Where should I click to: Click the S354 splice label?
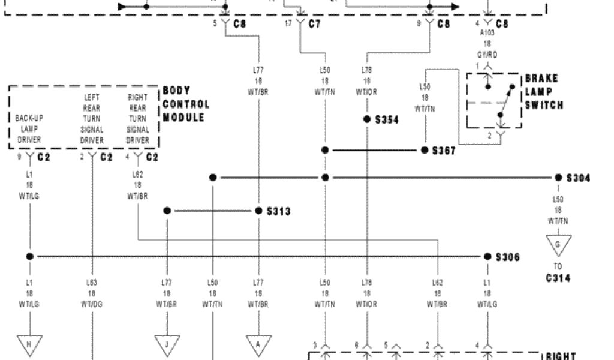pyautogui.click(x=387, y=120)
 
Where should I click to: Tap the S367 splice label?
pyautogui.click(x=444, y=150)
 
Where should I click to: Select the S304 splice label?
pyautogui.click(x=578, y=178)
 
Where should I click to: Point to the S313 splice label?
pyautogui.click(x=278, y=211)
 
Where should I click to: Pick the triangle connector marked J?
pyautogui.click(x=167, y=344)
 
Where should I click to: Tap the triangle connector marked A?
pyautogui.click(x=259, y=344)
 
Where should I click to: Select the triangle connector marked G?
pyautogui.click(x=558, y=245)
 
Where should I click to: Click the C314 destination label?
pyautogui.click(x=558, y=278)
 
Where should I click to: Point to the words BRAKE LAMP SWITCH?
pyautogui.click(x=544, y=92)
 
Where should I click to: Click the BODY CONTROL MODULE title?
pyautogui.click(x=186, y=104)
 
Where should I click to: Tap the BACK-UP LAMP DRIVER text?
pyautogui.click(x=29, y=129)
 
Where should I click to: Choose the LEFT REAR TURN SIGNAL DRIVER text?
pyautogui.click(x=92, y=119)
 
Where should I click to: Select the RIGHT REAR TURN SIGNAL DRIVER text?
pyautogui.click(x=137, y=119)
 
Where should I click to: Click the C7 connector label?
pyautogui.click(x=314, y=25)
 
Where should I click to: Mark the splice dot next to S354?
pyautogui.click(x=366, y=119)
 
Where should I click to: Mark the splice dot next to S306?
pyautogui.click(x=487, y=257)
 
